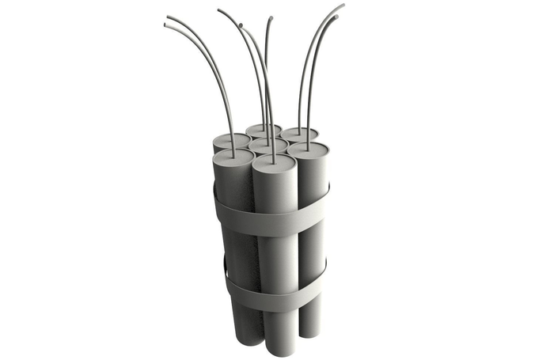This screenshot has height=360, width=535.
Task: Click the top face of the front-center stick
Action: (x=274, y=164)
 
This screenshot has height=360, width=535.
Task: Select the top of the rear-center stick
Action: (x=263, y=130)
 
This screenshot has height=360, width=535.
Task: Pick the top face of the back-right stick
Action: (x=300, y=134)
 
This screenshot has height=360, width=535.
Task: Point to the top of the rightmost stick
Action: (x=308, y=149)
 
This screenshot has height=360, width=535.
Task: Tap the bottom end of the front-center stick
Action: (x=276, y=348)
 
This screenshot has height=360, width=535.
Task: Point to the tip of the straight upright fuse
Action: (x=271, y=17)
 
